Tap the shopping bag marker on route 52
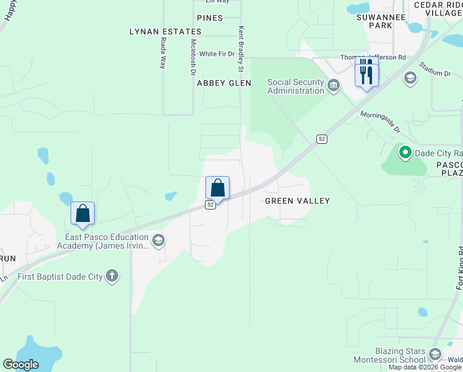pyautogui.click(x=217, y=188)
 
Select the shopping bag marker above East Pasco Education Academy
pyautogui.click(x=83, y=213)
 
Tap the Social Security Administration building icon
pyautogui.click(x=334, y=85)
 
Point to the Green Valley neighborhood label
pyautogui.click(x=297, y=201)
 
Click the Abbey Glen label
pyautogui.click(x=223, y=83)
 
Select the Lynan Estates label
pyautogui.click(x=160, y=31)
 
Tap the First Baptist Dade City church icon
pyautogui.click(x=112, y=277)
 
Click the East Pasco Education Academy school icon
pyautogui.click(x=158, y=241)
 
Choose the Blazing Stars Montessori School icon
pyautogui.click(x=435, y=354)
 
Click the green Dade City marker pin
pyautogui.click(x=405, y=152)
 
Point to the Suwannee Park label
pyautogui.click(x=374, y=21)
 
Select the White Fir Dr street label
pyautogui.click(x=217, y=54)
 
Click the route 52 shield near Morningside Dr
pyautogui.click(x=321, y=139)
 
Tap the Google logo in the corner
pyautogui.click(x=21, y=365)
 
